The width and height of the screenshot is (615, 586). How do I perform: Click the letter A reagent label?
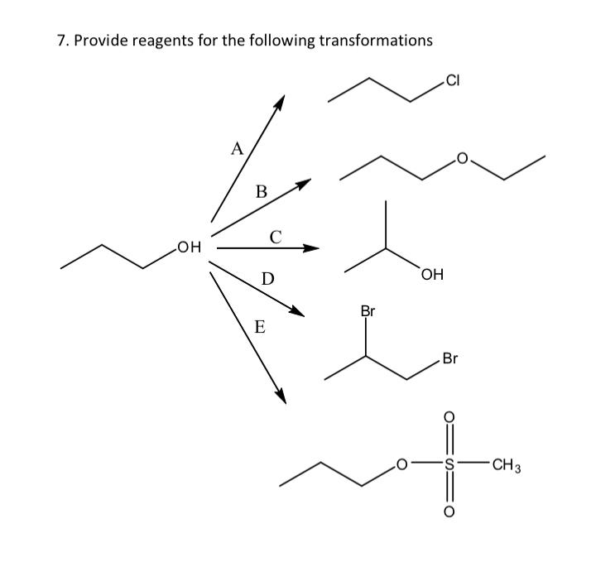pyautogui.click(x=237, y=150)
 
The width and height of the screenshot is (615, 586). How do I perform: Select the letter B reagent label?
pyautogui.click(x=261, y=192)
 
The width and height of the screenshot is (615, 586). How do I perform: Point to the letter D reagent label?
pyautogui.click(x=267, y=278)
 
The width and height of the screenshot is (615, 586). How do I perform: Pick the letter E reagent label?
pyautogui.click(x=259, y=326)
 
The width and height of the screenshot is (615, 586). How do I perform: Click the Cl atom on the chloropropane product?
pyautogui.click(x=452, y=80)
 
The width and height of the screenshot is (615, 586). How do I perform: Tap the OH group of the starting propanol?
pyautogui.click(x=189, y=246)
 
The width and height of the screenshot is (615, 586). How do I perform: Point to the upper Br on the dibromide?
pyautogui.click(x=368, y=312)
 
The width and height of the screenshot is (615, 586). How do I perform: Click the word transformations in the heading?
pyautogui.click(x=374, y=41)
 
